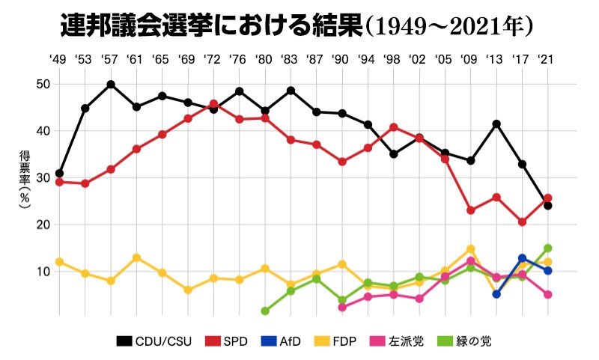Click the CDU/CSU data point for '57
(111, 85)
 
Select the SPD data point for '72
(213, 104)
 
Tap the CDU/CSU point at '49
(59, 174)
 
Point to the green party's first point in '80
(265, 311)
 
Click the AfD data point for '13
(496, 294)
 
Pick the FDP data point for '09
(471, 249)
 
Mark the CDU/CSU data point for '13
(496, 123)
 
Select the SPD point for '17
(522, 222)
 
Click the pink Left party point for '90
(342, 308)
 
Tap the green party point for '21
(548, 248)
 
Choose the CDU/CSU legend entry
(154, 341)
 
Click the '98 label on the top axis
(392, 59)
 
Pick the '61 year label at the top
(136, 59)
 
